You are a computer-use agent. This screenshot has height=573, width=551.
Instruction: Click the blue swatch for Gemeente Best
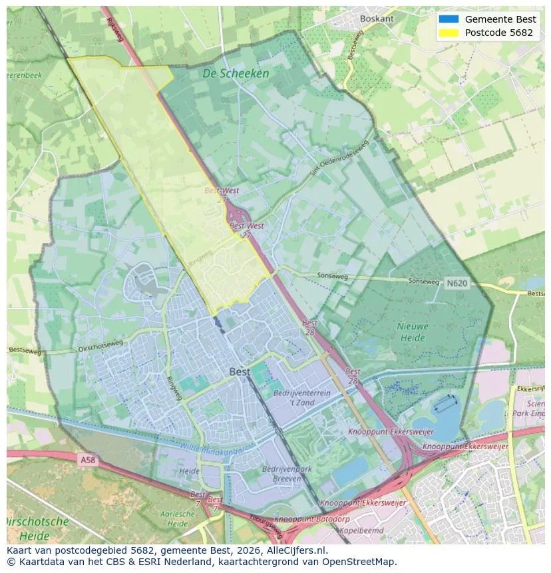coord(449,19)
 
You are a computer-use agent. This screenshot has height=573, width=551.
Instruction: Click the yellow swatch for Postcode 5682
coord(449,33)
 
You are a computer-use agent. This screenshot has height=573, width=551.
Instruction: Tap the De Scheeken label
coord(236,74)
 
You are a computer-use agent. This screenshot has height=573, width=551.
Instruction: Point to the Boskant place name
coord(377,19)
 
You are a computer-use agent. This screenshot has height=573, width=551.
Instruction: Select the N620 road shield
coord(457,283)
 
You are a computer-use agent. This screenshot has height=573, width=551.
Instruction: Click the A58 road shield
coord(87,459)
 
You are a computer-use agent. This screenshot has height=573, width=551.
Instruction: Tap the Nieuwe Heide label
coord(413,332)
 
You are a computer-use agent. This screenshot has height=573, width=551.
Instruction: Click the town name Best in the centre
coord(240,371)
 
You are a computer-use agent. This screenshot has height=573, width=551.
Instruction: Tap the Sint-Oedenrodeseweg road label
coord(339,159)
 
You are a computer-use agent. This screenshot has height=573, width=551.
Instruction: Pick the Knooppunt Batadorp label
coord(303,519)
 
